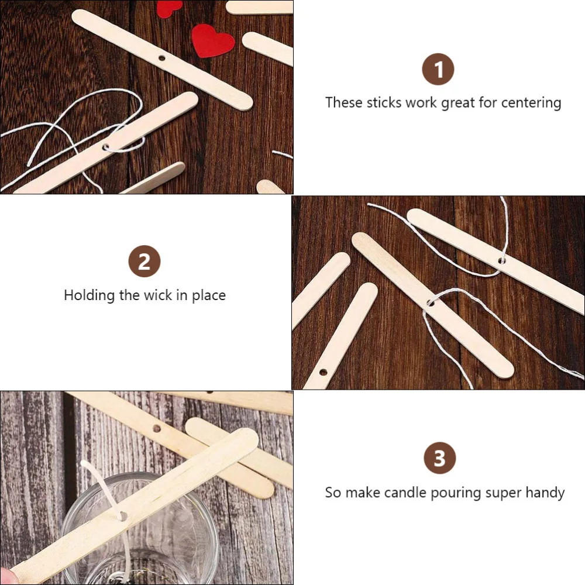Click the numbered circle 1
(x=438, y=70)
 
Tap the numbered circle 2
(x=144, y=261)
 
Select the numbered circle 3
(x=439, y=458)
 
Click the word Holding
(x=89, y=295)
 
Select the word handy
(x=544, y=493)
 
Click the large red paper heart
(x=213, y=40)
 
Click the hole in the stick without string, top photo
(x=162, y=58)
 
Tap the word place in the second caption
(x=209, y=295)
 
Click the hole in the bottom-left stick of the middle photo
(x=323, y=371)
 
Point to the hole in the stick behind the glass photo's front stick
(x=157, y=429)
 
